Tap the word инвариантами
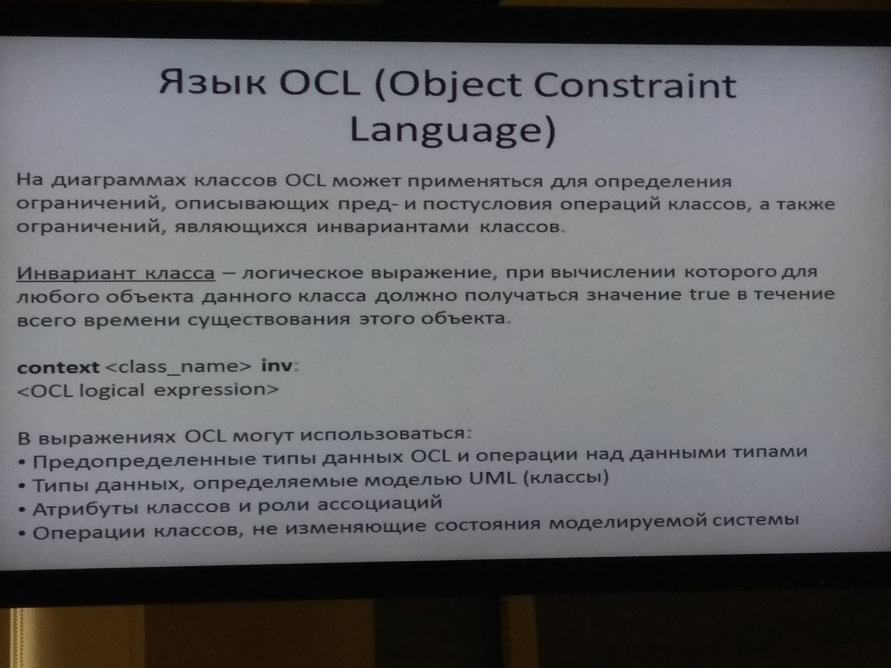393,228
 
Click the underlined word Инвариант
75,274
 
